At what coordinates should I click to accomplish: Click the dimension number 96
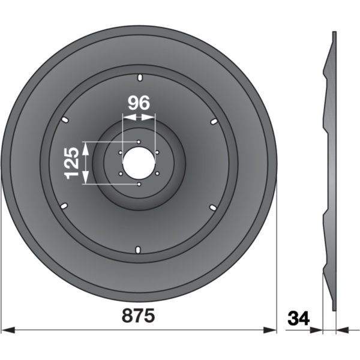139,103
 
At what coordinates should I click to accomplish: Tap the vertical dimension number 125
71,163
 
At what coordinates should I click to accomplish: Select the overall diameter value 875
139,316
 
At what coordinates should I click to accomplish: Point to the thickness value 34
298,317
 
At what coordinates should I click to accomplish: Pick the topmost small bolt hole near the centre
139,142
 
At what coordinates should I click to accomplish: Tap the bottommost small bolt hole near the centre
139,184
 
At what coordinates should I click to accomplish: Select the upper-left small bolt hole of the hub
121,152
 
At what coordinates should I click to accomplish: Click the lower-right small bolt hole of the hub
157,174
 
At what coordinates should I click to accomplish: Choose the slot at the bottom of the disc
139,248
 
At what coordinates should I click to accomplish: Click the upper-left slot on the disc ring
65,120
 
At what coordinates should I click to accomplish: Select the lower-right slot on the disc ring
213,207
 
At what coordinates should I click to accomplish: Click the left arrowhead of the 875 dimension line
6,329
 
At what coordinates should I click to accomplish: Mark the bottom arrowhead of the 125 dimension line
85,181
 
